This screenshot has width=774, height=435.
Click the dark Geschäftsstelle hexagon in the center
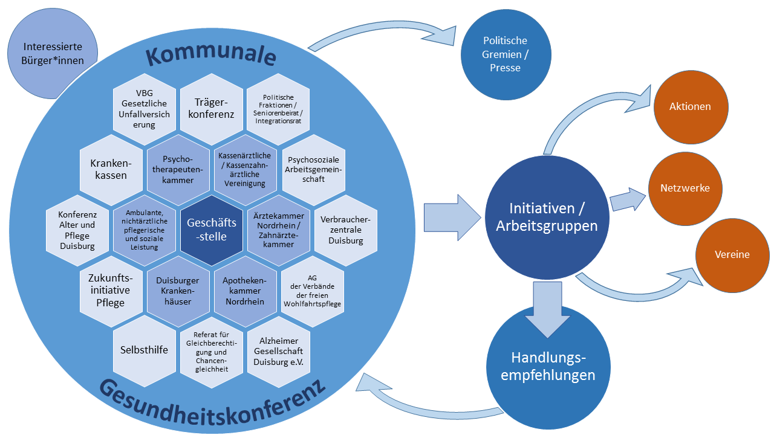pyautogui.click(x=212, y=230)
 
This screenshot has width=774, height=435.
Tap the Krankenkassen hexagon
pyautogui.click(x=111, y=169)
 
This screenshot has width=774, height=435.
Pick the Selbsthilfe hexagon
pyautogui.click(x=145, y=350)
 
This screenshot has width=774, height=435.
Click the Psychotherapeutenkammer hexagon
pyautogui.click(x=178, y=170)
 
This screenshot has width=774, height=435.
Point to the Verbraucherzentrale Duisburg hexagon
pyautogui.click(x=346, y=230)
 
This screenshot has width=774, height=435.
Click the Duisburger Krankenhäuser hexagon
pyautogui.click(x=178, y=291)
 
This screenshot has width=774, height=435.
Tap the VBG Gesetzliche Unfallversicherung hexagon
pyautogui.click(x=145, y=109)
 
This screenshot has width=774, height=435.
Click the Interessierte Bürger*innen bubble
pyautogui.click(x=53, y=53)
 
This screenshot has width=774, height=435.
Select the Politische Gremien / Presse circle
pyautogui.click(x=505, y=54)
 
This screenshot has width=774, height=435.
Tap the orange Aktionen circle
pyautogui.click(x=690, y=107)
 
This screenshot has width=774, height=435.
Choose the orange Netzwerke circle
pyautogui.click(x=685, y=188)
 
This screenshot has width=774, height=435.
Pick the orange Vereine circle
pyautogui.click(x=732, y=255)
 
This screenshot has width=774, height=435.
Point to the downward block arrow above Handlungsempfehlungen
pyautogui.click(x=549, y=309)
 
